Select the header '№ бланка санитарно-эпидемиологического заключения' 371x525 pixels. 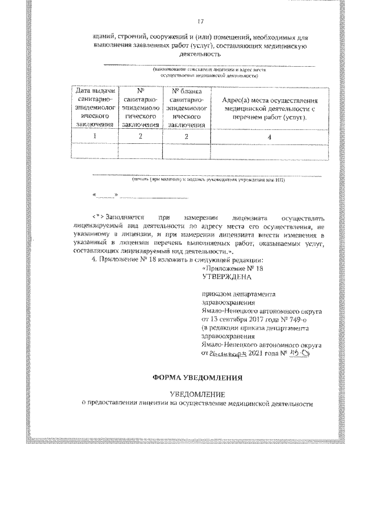pyautogui.click(x=186, y=107)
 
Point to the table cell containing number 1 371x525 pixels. pyautogui.click(x=94, y=136)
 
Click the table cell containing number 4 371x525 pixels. pyautogui.click(x=268, y=136)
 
